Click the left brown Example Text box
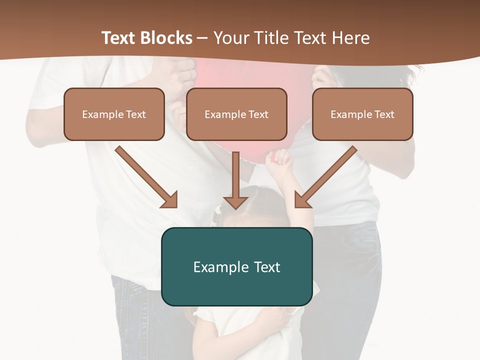click(x=114, y=114)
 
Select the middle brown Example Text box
click(x=236, y=114)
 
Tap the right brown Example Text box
click(x=362, y=114)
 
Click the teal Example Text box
click(x=236, y=266)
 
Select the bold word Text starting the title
click(x=118, y=38)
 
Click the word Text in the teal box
click(x=266, y=267)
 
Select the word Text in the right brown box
click(x=384, y=114)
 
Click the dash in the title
click(x=202, y=38)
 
